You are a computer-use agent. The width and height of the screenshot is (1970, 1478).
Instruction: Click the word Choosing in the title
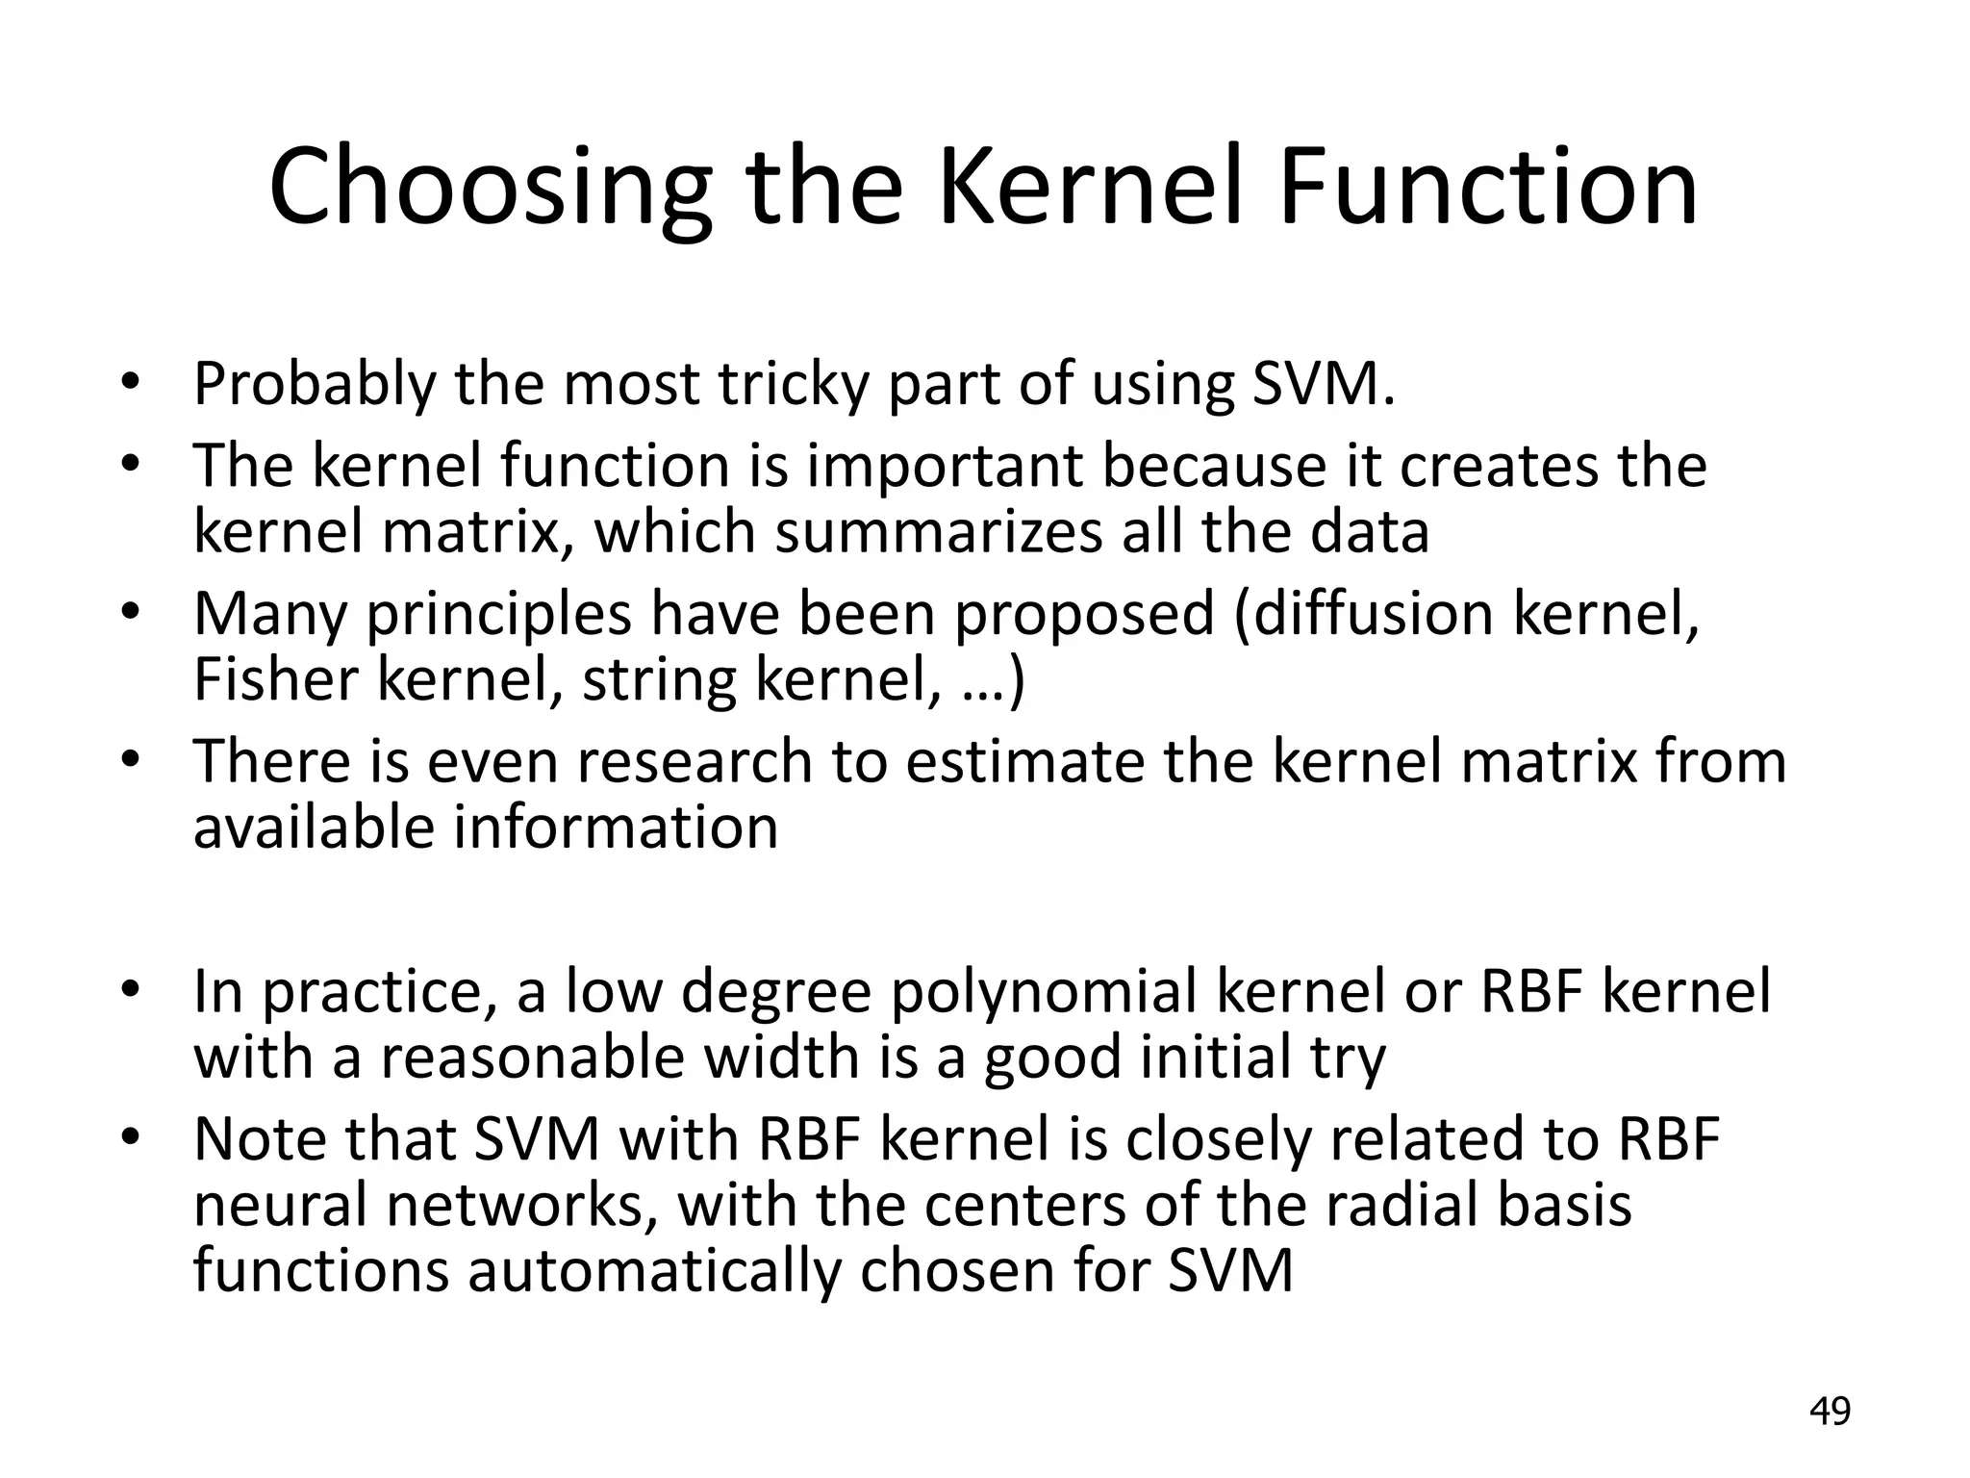[x=491, y=188]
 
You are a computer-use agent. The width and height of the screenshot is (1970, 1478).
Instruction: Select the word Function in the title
[x=1487, y=188]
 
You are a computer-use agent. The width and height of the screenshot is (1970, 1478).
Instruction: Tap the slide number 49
[x=1830, y=1412]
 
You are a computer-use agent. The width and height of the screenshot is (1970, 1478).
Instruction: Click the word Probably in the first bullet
[x=315, y=384]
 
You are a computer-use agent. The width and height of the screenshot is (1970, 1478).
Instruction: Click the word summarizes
[x=938, y=532]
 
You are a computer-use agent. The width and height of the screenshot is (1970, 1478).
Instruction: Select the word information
[x=616, y=828]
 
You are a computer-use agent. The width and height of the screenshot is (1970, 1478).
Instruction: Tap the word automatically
[x=654, y=1272]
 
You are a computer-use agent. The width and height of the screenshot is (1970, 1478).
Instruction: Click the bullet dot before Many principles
[x=131, y=614]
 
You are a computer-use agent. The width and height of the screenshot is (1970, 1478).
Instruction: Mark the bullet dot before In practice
[x=131, y=992]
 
